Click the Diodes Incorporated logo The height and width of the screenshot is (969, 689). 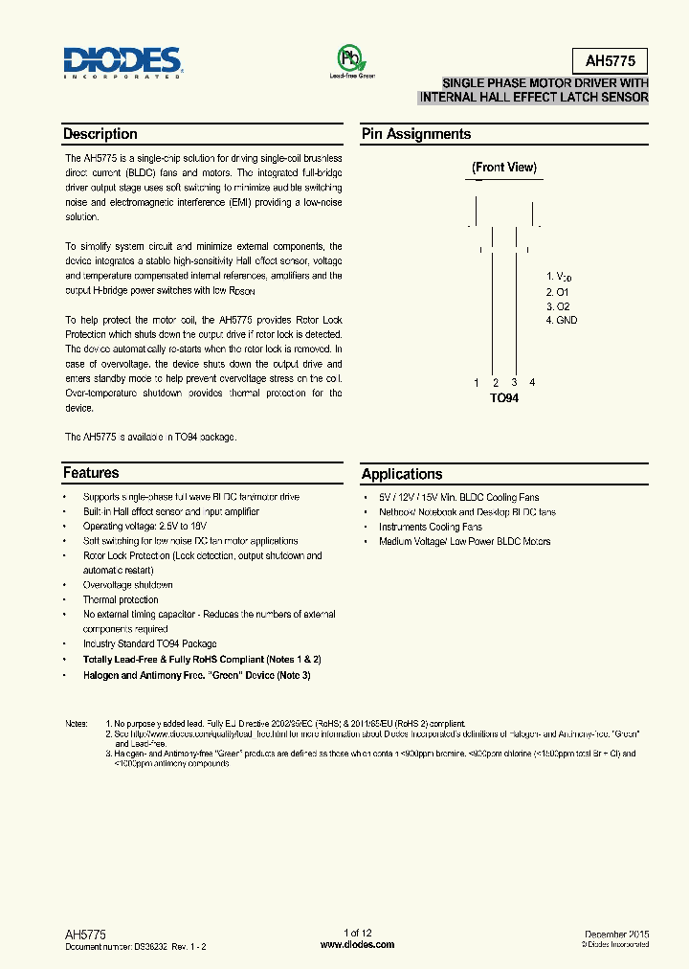122,60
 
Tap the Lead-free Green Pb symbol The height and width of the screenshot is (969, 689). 351,59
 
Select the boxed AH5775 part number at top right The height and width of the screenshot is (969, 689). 610,62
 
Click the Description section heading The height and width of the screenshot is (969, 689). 100,134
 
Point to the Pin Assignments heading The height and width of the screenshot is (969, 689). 415,134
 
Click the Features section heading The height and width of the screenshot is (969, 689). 91,473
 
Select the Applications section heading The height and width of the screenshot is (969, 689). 402,474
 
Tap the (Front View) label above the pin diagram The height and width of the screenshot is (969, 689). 504,168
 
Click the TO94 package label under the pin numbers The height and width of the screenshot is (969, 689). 504,397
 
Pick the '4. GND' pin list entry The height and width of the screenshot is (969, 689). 562,320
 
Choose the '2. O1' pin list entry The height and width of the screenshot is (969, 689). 557,291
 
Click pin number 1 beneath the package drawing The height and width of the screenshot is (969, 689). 476,383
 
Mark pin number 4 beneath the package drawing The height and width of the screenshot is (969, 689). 532,383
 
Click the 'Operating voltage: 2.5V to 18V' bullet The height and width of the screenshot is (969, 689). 144,527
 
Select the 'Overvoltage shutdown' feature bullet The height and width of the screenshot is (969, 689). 127,585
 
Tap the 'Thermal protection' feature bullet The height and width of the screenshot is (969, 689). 121,599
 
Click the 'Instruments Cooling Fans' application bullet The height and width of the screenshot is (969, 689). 430,527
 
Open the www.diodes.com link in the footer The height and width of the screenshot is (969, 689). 357,944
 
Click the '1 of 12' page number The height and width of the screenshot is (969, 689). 357,933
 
